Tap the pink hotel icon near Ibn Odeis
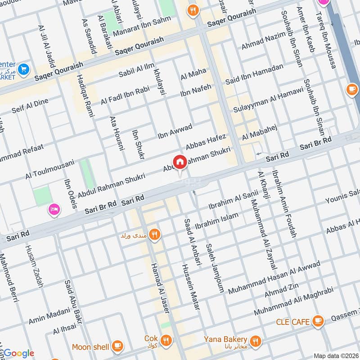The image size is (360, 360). coord(54,209)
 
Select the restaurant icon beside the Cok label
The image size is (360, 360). coord(166,340)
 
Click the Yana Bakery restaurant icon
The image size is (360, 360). coord(256,340)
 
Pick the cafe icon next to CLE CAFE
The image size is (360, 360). coord(318,321)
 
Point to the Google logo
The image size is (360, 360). coord(18,353)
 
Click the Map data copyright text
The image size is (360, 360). coord(336,355)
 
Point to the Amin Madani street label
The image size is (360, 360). coord(49,315)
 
